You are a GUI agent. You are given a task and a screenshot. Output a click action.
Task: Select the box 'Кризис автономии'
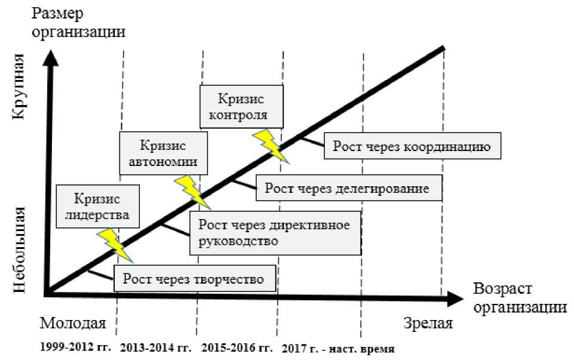pos(163,153)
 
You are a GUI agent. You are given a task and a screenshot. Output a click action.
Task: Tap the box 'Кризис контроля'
pos(241,106)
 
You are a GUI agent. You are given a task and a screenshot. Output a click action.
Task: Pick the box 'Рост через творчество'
pos(196,279)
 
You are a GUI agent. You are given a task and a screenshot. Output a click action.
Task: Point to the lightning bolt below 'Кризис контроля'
pos(272,146)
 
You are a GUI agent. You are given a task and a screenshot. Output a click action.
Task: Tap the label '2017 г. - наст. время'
pos(337,348)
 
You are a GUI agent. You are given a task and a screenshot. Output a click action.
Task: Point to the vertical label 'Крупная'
pos(18,94)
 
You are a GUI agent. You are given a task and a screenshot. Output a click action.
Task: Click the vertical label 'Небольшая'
pos(18,250)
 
